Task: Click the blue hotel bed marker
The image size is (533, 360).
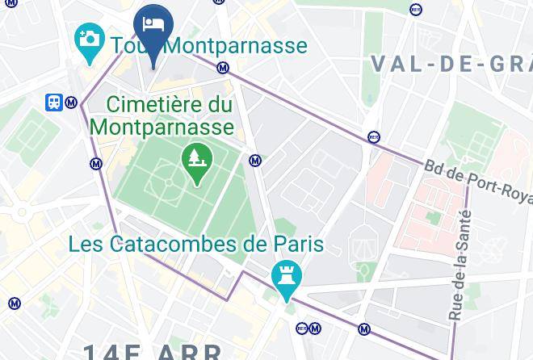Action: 153,25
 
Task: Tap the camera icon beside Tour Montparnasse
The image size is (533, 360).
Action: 88,38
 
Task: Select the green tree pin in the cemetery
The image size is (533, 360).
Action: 196,157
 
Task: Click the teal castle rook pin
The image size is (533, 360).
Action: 287,274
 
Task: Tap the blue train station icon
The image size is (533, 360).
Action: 54,102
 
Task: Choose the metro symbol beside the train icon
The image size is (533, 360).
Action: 72,103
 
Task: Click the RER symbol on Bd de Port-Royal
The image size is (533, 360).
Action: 372,136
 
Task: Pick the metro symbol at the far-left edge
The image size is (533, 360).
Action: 15,303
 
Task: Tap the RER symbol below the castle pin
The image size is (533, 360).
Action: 302,328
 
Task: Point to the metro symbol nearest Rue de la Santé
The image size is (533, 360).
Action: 364,329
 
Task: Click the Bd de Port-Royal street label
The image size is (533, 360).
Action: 477,180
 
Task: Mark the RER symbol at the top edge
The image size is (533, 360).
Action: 415,10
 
